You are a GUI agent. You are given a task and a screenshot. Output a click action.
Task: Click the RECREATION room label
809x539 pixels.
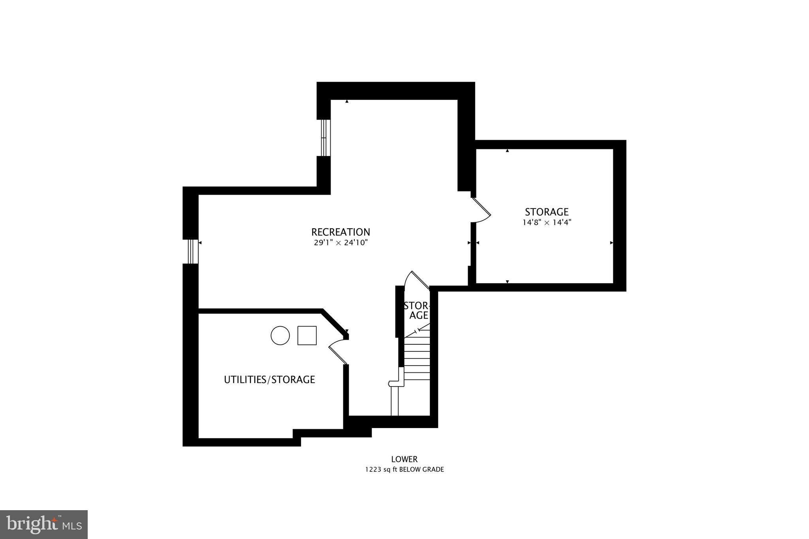pos(341,232)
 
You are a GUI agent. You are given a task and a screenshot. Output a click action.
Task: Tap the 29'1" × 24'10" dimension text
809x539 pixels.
pos(341,243)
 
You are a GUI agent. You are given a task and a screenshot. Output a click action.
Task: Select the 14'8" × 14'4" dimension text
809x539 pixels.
pos(547,222)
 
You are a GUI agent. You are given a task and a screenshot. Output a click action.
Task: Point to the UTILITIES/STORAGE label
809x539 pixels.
pos(269,379)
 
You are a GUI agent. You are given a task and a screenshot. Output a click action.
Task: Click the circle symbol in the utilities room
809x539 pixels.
pos(280,336)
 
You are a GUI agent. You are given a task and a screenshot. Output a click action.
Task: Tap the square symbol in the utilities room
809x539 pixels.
pos(307,336)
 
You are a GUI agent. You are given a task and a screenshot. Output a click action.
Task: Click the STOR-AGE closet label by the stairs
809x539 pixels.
pos(417,311)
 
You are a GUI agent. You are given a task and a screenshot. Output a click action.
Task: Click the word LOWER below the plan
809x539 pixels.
pos(404,459)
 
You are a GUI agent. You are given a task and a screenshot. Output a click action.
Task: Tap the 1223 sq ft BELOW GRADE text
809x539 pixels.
pos(404,470)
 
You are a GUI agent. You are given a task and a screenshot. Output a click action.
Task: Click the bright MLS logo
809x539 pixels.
pos(44,524)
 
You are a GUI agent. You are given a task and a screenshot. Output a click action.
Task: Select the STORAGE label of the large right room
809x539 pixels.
pos(547,212)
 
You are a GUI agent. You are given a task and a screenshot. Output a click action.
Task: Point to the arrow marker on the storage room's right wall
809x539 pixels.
pos(611,243)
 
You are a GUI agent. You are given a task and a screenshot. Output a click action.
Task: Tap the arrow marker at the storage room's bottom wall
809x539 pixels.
pos(507,281)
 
